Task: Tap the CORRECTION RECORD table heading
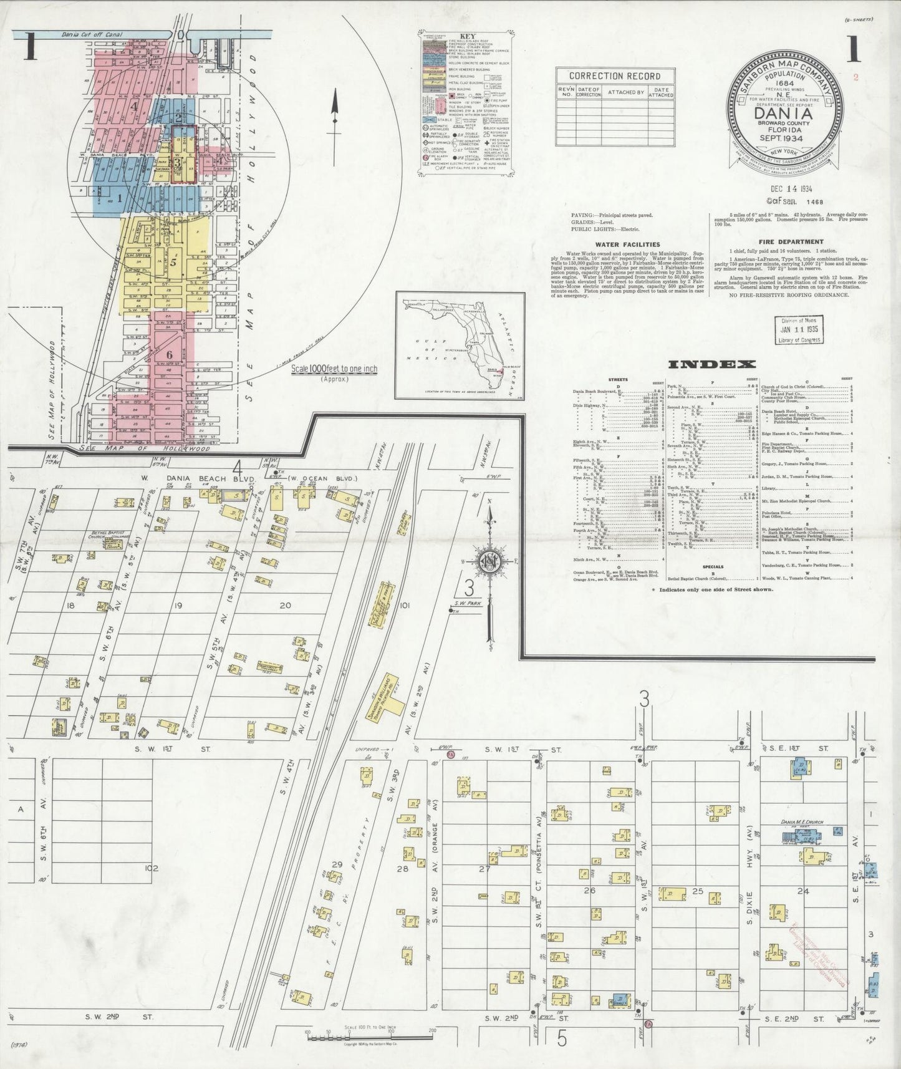[614, 76]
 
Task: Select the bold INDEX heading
[711, 364]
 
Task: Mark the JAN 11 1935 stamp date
[799, 329]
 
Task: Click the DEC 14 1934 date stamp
[783, 188]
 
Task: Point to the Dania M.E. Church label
[802, 822]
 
